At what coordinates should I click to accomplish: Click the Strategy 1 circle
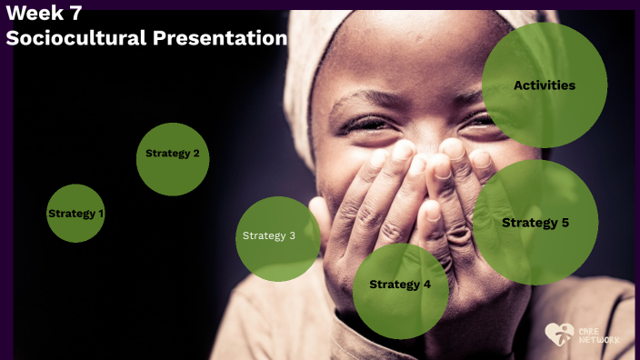point(76,214)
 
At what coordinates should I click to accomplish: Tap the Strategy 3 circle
point(277,238)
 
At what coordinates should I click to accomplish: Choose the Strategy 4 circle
point(400,290)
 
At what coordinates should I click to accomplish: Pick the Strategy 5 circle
point(535,223)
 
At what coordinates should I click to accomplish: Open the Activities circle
point(544,85)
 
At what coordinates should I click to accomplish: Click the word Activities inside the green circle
point(544,85)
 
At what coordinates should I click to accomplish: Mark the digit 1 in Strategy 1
point(100,214)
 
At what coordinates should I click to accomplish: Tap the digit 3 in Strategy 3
point(291,236)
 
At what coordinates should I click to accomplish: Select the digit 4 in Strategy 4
point(427,285)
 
